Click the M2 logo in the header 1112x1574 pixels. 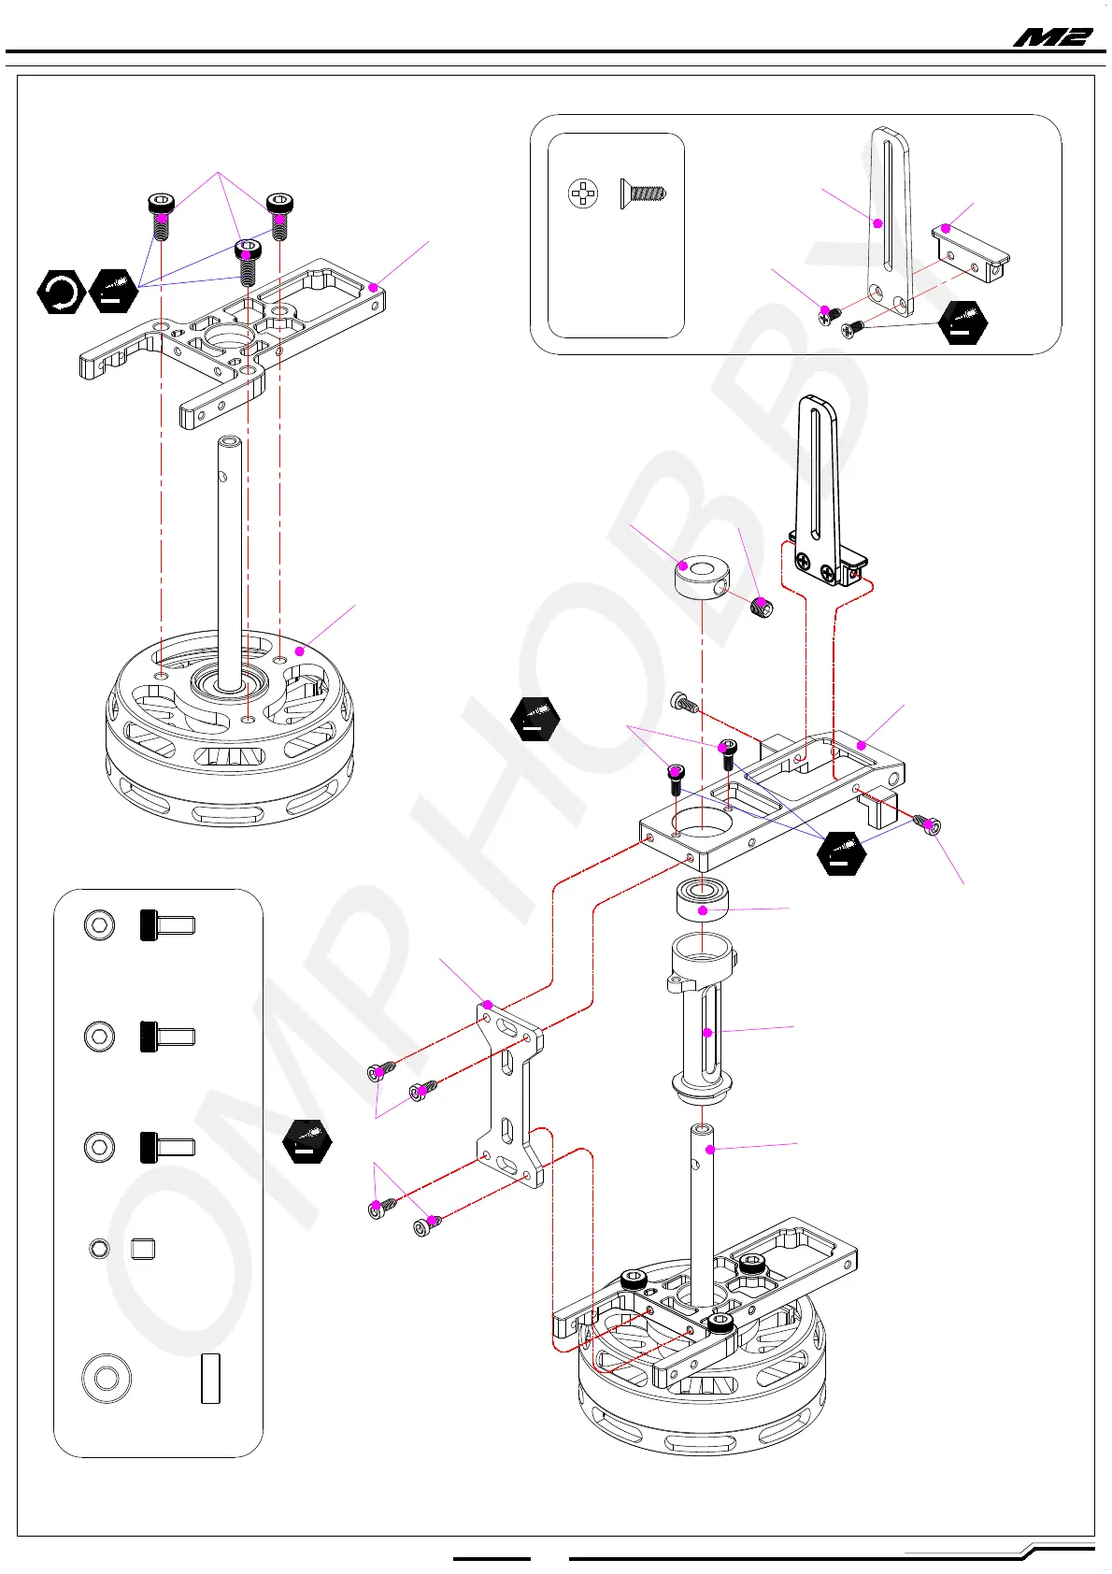(1052, 37)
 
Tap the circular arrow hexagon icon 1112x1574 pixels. (62, 292)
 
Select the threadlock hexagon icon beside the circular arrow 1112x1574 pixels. (113, 290)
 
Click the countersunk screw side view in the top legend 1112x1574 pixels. (643, 194)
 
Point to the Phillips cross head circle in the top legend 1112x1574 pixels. (583, 193)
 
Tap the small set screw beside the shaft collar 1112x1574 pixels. (762, 608)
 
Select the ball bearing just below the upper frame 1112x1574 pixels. (703, 900)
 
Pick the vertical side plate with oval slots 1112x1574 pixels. (508, 1094)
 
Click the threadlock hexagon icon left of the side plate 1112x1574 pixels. (307, 1141)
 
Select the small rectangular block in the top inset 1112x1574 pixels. (971, 252)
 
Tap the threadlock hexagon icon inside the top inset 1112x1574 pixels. (962, 322)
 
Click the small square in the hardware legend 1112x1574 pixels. (143, 1249)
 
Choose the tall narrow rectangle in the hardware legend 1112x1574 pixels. (210, 1378)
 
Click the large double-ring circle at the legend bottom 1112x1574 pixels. (106, 1378)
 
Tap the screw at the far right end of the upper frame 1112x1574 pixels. (931, 824)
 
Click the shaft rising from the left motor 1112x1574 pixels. (229, 551)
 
